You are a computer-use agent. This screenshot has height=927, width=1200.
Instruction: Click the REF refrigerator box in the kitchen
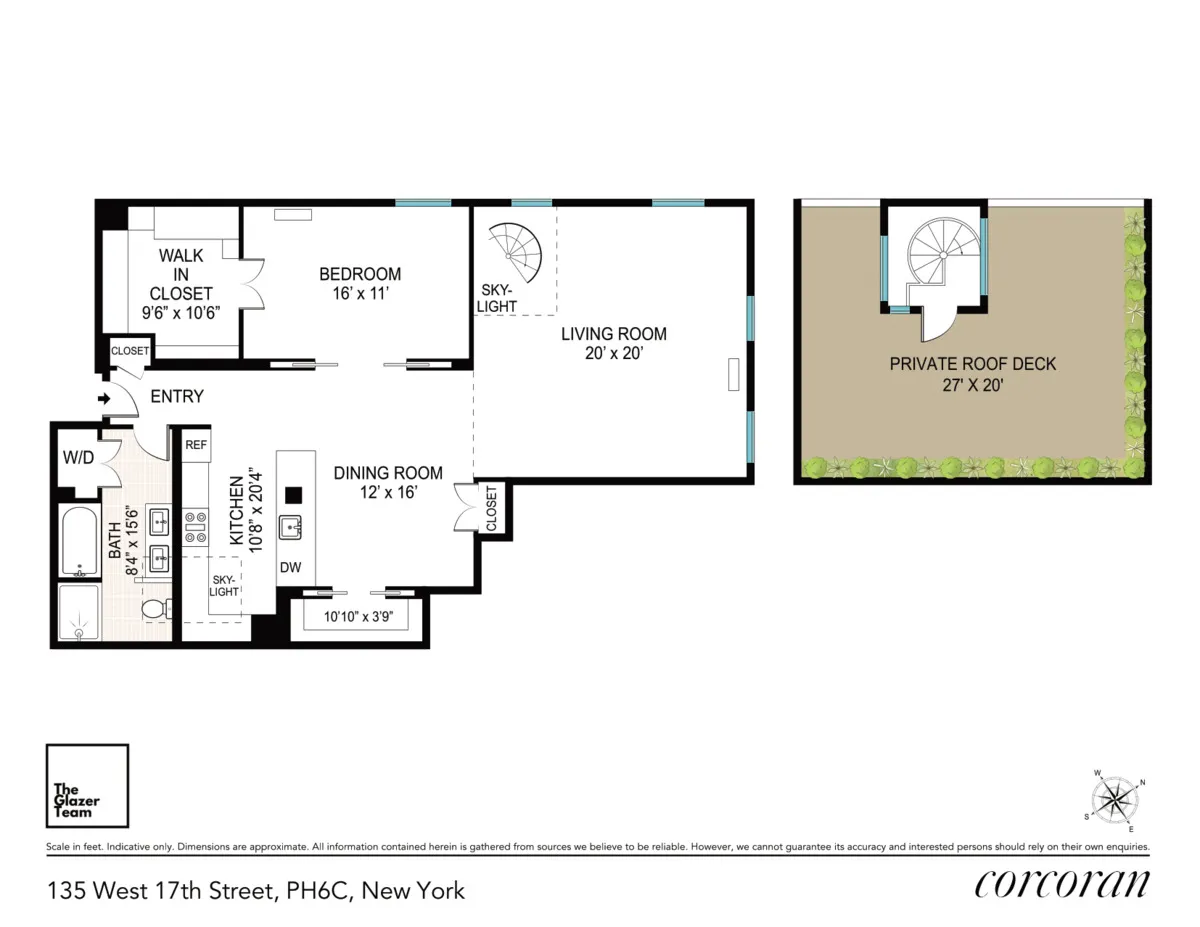click(x=196, y=445)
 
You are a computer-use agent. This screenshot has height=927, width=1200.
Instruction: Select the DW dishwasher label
click(x=290, y=568)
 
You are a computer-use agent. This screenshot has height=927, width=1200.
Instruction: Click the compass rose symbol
click(x=1114, y=800)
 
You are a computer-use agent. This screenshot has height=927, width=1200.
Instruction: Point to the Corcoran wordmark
click(x=1061, y=885)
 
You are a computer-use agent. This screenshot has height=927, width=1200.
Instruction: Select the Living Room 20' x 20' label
click(x=613, y=343)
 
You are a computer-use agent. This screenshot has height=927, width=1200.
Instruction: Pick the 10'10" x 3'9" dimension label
click(x=359, y=617)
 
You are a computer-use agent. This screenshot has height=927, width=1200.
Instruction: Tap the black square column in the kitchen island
click(x=293, y=493)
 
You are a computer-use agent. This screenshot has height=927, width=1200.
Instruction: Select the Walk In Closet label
click(x=181, y=284)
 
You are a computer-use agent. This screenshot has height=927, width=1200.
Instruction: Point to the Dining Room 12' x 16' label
click(x=388, y=482)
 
